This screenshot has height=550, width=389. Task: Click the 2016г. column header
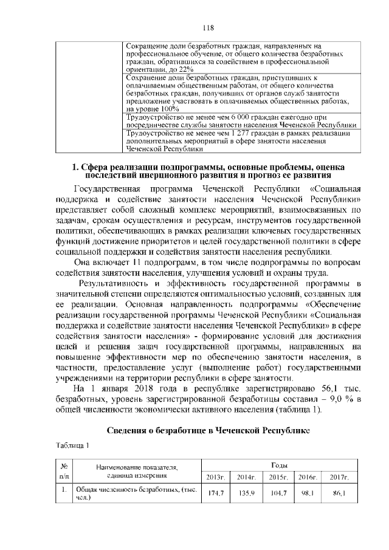click(308, 476)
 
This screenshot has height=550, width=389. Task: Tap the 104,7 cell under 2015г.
click(278, 493)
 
